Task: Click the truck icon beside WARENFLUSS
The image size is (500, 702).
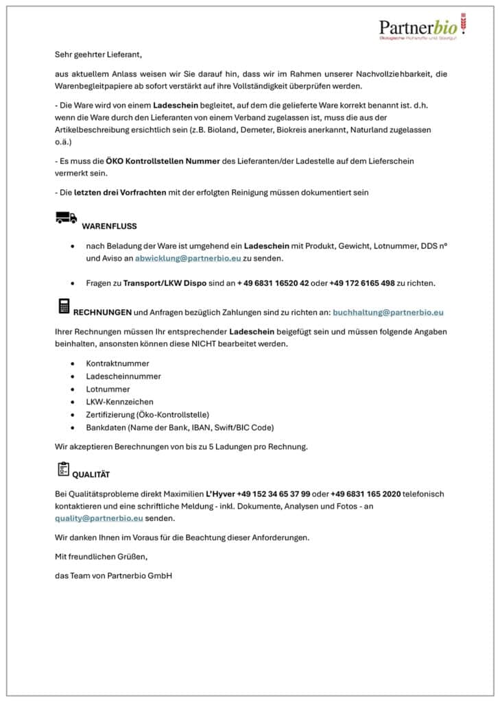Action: click(66, 218)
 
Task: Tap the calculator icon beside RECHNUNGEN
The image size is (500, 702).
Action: click(64, 306)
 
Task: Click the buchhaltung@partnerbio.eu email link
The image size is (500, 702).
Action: click(388, 312)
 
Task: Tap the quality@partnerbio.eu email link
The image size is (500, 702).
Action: click(99, 518)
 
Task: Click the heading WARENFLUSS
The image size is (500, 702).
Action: click(109, 226)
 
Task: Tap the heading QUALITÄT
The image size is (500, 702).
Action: click(91, 474)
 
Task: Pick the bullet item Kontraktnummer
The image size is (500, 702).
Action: click(117, 363)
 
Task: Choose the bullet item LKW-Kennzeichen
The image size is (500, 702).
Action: click(119, 402)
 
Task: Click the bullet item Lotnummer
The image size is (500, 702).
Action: click(108, 389)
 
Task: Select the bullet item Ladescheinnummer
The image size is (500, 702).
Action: click(123, 376)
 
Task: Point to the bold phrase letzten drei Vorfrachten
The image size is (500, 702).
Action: click(120, 193)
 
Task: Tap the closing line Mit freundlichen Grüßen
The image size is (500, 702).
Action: click(101, 556)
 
